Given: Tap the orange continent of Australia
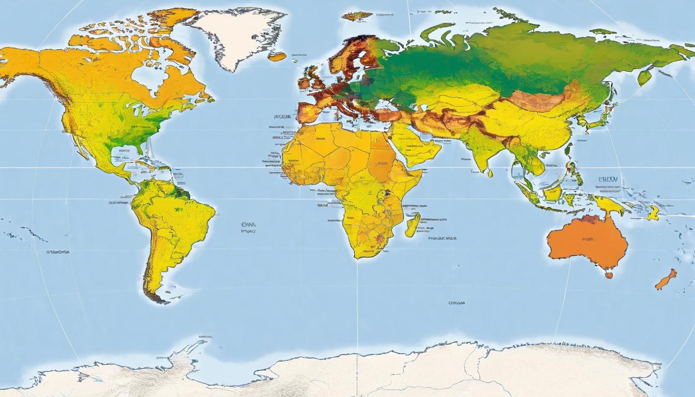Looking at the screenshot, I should [587, 240].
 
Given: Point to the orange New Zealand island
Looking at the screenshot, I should [666, 280].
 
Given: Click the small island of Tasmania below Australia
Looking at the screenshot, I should [609, 275].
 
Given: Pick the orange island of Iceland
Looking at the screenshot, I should [277, 56].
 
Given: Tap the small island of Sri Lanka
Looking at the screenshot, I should [490, 173].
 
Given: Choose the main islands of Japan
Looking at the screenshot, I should [600, 122].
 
